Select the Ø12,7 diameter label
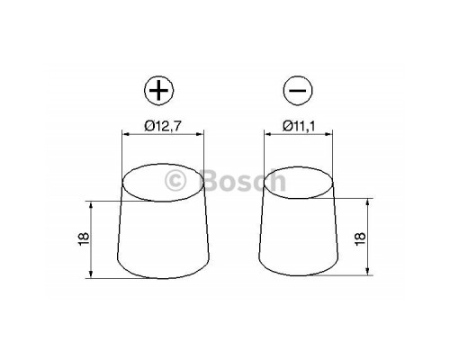(161, 127)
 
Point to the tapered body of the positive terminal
(161, 238)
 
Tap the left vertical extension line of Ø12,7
(121, 153)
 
